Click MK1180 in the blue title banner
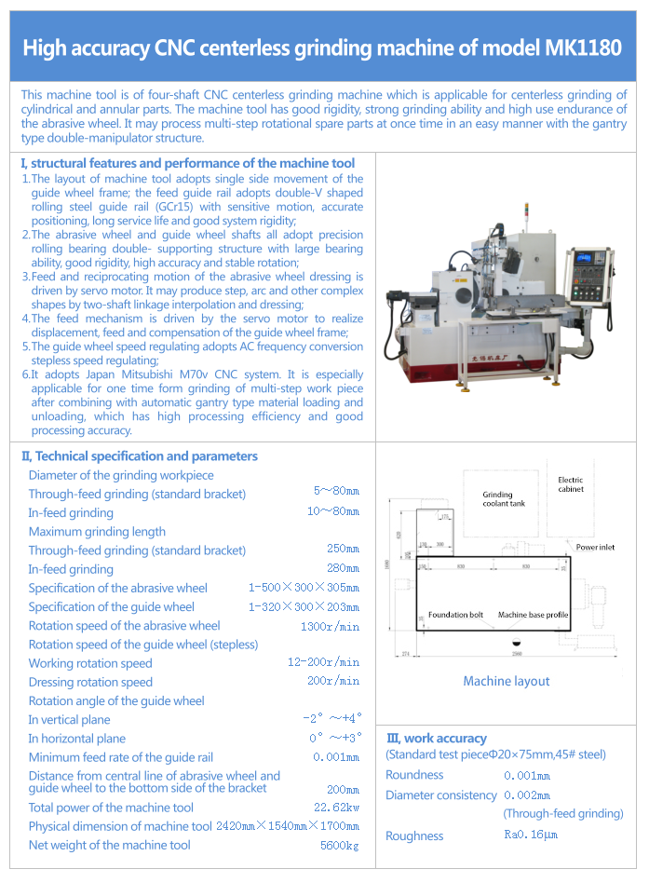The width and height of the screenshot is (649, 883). [581, 48]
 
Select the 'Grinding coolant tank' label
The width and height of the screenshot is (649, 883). [504, 500]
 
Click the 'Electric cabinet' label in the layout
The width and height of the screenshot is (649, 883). [571, 484]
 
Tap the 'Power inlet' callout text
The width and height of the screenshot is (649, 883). [594, 548]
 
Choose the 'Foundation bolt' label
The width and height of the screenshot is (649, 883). [455, 616]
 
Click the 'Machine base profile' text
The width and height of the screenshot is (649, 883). [533, 616]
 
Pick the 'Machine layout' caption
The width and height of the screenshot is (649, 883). [507, 682]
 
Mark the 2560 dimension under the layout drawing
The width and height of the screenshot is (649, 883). [504, 656]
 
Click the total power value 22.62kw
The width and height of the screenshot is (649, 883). [336, 808]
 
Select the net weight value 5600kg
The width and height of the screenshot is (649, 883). [340, 846]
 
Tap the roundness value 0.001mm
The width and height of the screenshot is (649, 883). [527, 776]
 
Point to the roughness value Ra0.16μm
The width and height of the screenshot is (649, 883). [531, 835]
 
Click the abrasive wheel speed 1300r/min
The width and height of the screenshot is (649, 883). [330, 626]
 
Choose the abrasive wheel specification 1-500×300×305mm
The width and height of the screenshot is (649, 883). [304, 588]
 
